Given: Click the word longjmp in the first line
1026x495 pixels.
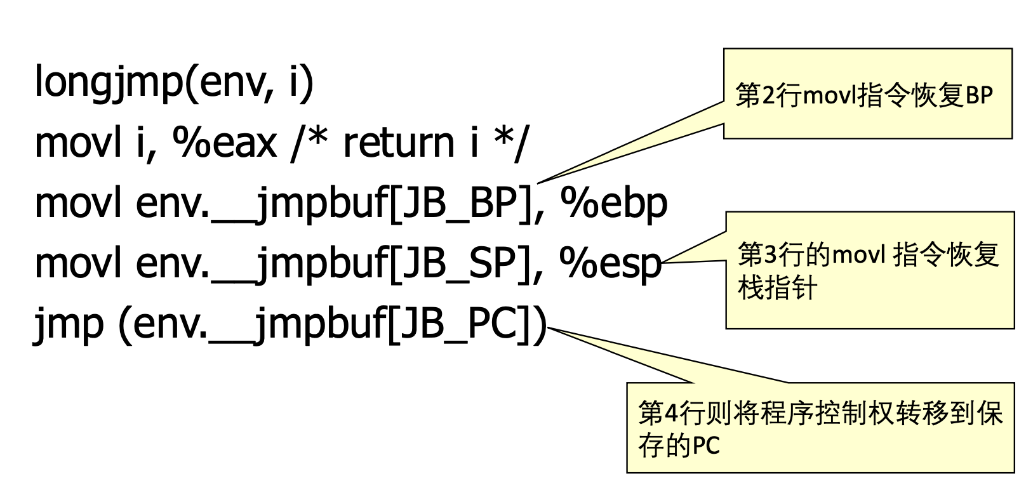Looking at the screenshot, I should [x=108, y=82].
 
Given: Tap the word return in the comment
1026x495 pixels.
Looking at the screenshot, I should [x=399, y=143].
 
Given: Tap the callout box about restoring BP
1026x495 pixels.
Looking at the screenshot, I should [x=867, y=93].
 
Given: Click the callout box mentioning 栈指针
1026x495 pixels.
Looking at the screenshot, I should [x=869, y=270].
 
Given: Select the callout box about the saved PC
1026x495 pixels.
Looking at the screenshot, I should [x=820, y=428].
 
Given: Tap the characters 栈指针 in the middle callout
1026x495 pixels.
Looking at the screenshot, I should [x=777, y=289].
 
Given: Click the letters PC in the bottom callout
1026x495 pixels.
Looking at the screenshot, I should [x=706, y=446].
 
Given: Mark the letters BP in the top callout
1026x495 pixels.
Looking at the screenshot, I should [x=979, y=96].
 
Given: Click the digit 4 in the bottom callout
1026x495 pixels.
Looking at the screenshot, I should [x=671, y=414].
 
